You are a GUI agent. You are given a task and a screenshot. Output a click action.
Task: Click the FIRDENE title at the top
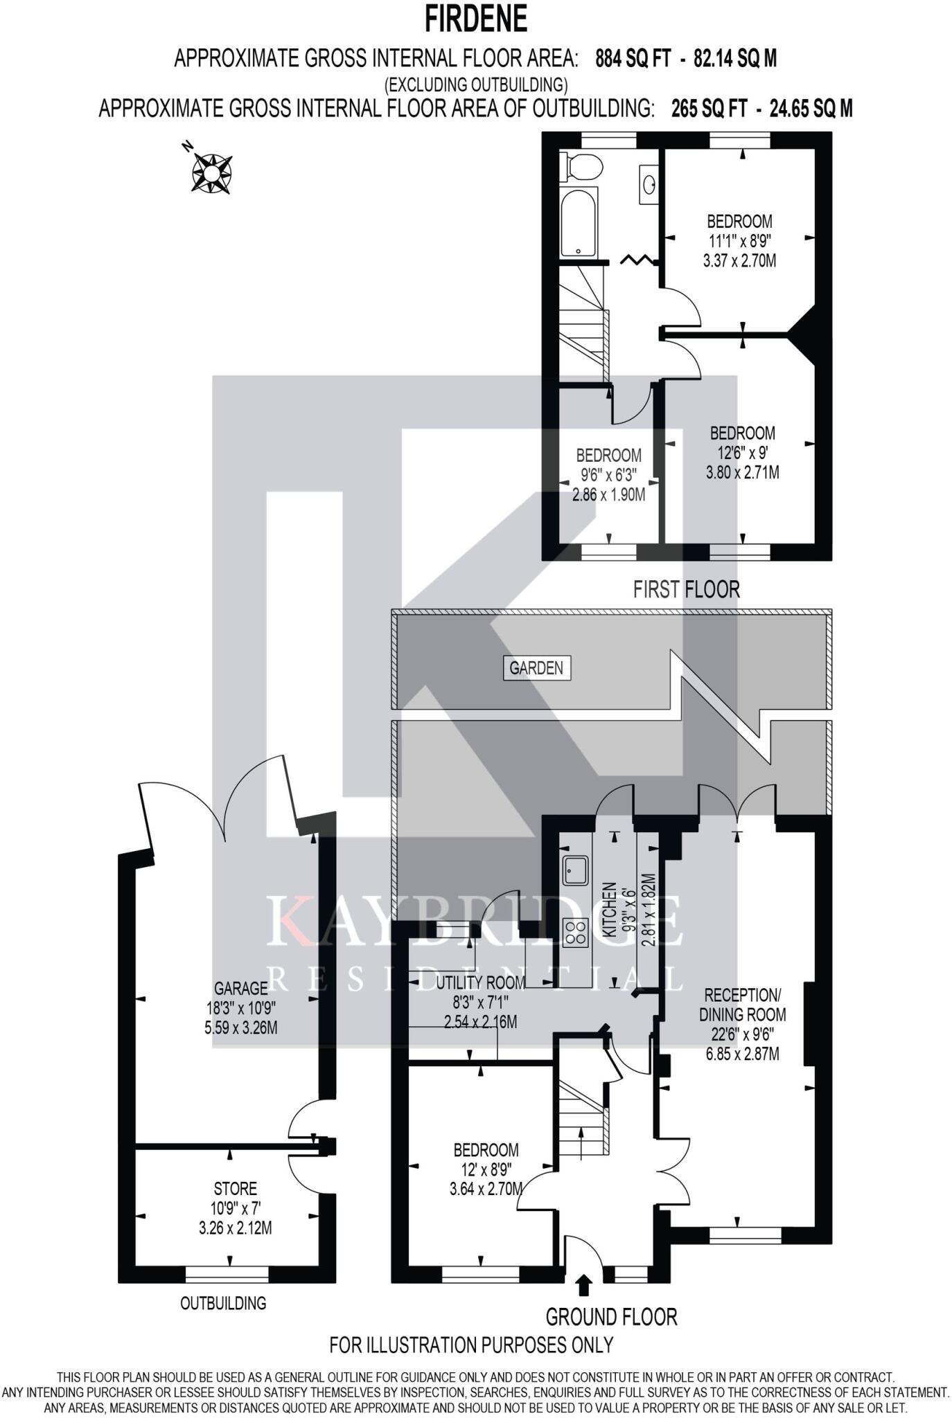tap(475, 19)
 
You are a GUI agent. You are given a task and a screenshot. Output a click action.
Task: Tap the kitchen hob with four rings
tap(575, 931)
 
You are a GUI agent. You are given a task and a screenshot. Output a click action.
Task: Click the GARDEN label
tap(536, 668)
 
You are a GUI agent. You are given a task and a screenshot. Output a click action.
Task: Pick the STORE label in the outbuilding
tap(236, 1189)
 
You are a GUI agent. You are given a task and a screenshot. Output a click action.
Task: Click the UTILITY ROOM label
tap(480, 981)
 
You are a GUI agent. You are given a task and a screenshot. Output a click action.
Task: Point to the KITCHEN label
tap(609, 909)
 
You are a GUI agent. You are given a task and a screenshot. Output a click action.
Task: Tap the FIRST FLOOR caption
tap(686, 589)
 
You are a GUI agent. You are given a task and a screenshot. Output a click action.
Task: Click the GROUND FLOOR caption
tap(611, 1316)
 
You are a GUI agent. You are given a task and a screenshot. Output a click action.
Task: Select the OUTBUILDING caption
tap(223, 1303)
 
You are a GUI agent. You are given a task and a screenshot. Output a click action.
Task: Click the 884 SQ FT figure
tap(633, 60)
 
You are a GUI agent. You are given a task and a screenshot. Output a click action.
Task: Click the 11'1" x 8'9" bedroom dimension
tap(739, 241)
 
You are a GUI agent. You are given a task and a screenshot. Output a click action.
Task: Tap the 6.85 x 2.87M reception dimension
tap(742, 1054)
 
